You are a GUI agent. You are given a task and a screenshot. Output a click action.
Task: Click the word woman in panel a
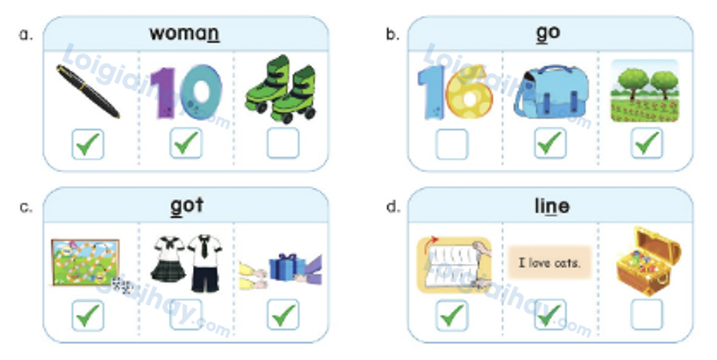184,33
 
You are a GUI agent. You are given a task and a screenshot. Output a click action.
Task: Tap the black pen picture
88,91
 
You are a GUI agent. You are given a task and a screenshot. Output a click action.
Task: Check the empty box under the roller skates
282,143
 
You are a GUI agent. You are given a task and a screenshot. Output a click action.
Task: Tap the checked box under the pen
88,143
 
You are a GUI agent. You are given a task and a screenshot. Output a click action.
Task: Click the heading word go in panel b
548,33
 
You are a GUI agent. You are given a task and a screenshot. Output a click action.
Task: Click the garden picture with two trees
645,91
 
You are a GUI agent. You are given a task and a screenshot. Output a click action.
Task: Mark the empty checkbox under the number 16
452,143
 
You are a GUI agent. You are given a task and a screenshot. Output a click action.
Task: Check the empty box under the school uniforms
185,315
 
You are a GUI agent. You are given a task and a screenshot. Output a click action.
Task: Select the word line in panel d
551,205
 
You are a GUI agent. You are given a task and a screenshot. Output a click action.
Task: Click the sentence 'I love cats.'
549,262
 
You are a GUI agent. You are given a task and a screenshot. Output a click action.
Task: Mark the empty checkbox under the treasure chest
647,315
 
